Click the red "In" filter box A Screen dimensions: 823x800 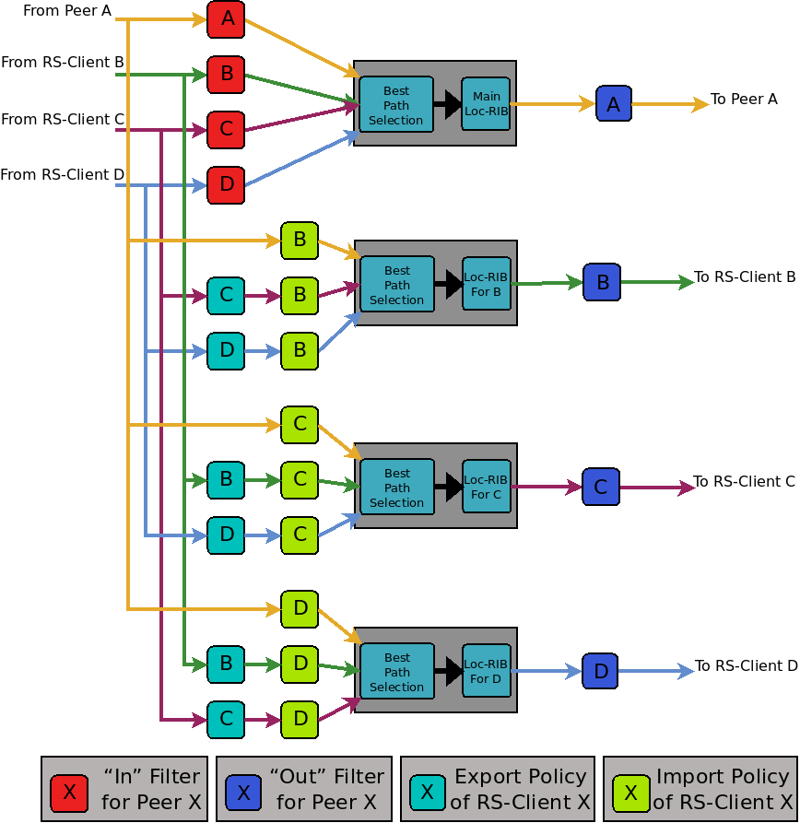pyautogui.click(x=226, y=19)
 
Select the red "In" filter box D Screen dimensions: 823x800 pyautogui.click(x=226, y=185)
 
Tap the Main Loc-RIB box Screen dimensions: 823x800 pyautogui.click(x=486, y=104)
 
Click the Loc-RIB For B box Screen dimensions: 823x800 pyautogui.click(x=487, y=284)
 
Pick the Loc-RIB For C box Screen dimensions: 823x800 pyautogui.click(x=487, y=487)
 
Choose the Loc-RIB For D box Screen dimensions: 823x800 pyautogui.click(x=487, y=671)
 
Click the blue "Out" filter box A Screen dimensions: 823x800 pyautogui.click(x=614, y=104)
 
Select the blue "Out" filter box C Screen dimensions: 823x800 pyautogui.click(x=601, y=487)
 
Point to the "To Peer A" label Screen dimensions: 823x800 pyautogui.click(x=744, y=100)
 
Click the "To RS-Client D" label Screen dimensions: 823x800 pyautogui.click(x=746, y=665)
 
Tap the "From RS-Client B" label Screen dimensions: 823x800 pyautogui.click(x=63, y=63)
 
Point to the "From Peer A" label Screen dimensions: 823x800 pyautogui.click(x=67, y=10)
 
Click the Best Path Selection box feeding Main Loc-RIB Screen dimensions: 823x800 pyautogui.click(x=396, y=105)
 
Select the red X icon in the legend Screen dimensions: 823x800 pyautogui.click(x=69, y=792)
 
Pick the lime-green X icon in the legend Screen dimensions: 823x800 pyautogui.click(x=630, y=792)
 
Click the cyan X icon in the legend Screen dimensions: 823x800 pyautogui.click(x=428, y=792)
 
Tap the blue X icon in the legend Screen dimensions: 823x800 pyautogui.click(x=243, y=792)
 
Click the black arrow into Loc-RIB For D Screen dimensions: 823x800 pyautogui.click(x=450, y=671)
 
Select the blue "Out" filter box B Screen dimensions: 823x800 pyautogui.click(x=602, y=282)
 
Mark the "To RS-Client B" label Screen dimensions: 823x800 pyautogui.click(x=745, y=276)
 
